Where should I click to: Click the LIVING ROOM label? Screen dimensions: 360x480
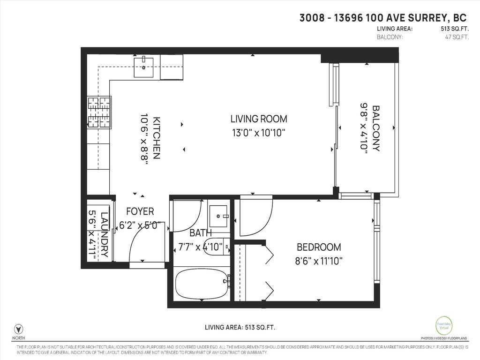click(x=258, y=119)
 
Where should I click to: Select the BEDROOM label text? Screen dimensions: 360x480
click(x=319, y=247)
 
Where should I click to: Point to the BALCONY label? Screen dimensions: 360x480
click(x=376, y=128)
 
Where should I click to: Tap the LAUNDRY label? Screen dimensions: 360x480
click(x=104, y=233)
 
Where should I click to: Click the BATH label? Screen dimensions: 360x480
click(x=201, y=232)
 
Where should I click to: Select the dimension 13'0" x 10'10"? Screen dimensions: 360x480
click(x=258, y=133)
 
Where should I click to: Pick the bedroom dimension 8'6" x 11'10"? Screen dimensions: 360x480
click(x=319, y=261)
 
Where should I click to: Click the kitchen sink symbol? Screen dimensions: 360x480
click(x=144, y=67)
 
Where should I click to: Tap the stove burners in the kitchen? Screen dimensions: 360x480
click(x=99, y=112)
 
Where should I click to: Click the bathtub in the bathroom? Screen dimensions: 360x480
click(x=202, y=284)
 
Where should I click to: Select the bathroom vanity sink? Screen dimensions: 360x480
click(x=218, y=216)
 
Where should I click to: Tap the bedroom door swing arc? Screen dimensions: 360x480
click(x=255, y=218)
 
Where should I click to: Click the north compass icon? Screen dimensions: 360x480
click(x=19, y=329)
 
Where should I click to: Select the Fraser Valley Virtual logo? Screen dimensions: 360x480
click(x=443, y=325)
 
